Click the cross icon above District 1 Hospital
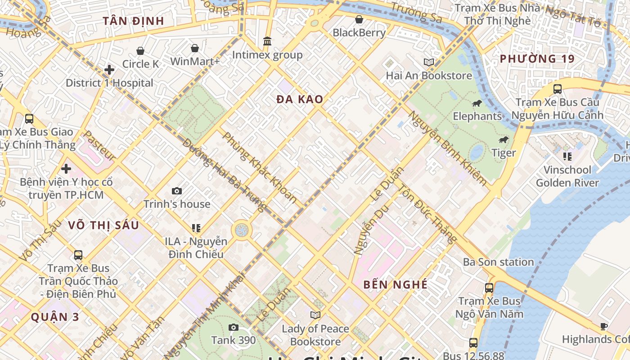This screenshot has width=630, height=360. pyautogui.click(x=109, y=70)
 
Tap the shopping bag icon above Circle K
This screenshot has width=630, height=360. pyautogui.click(x=140, y=51)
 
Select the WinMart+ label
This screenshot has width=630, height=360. pyautogui.click(x=195, y=61)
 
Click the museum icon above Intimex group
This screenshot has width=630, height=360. pyautogui.click(x=267, y=41)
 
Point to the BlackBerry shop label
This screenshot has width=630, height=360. pyautogui.click(x=359, y=32)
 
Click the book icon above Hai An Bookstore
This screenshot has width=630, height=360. pyautogui.click(x=429, y=62)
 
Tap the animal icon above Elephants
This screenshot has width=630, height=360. pyautogui.click(x=477, y=104)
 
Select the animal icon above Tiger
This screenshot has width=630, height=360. pyautogui.click(x=504, y=140)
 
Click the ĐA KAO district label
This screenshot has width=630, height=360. pyautogui.click(x=300, y=99)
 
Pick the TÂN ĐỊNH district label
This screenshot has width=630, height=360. pyautogui.click(x=133, y=21)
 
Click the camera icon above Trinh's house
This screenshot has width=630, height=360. pyautogui.click(x=177, y=191)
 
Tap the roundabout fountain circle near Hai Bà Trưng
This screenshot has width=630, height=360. pyautogui.click(x=242, y=230)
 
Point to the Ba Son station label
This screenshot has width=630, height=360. pyautogui.click(x=498, y=262)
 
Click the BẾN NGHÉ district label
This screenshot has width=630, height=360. pyautogui.click(x=395, y=284)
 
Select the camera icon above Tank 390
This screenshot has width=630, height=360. pyautogui.click(x=233, y=327)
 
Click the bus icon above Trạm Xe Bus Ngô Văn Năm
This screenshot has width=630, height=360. pyautogui.click(x=489, y=288)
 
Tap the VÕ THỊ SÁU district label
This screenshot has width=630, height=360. pyautogui.click(x=103, y=225)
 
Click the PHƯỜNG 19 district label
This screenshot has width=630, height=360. pyautogui.click(x=537, y=58)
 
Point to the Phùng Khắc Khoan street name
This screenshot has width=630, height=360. pyautogui.click(x=260, y=167)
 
